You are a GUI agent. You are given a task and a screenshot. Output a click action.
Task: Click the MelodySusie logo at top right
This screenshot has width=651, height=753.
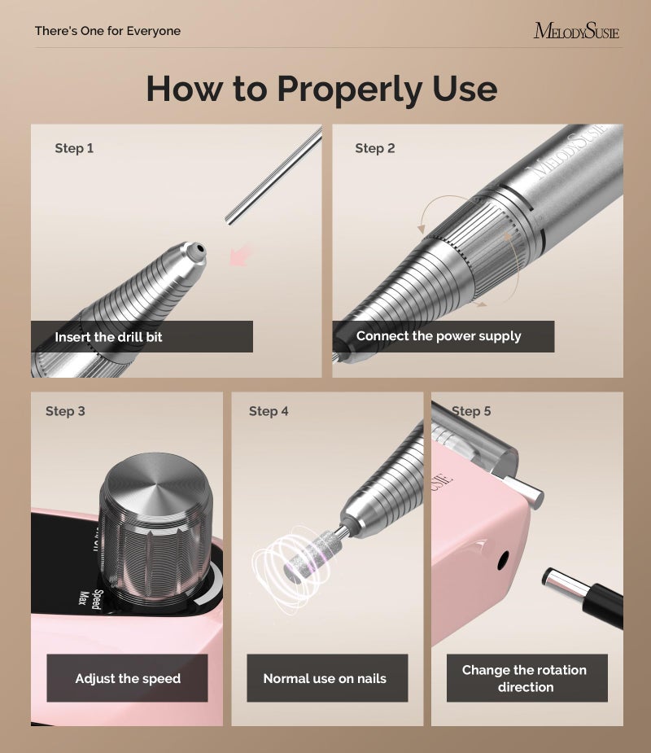pos(576,31)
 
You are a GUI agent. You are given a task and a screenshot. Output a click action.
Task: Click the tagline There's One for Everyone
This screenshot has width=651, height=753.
pos(107,31)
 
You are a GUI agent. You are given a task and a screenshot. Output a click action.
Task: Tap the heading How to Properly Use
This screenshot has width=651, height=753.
pos(321,88)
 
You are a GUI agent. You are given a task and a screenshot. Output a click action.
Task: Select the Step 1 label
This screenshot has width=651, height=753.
pos(74,148)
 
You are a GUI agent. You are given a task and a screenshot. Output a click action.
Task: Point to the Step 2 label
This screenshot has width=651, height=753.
pos(374,148)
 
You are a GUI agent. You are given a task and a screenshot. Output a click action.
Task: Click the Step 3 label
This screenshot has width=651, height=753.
pos(65,411)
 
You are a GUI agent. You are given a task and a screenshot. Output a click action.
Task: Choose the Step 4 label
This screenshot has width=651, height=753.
pos(269,411)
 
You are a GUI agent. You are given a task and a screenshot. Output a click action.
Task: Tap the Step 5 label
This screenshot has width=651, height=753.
pos(471,411)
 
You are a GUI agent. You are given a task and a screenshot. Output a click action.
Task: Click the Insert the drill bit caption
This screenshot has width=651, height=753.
pos(108,336)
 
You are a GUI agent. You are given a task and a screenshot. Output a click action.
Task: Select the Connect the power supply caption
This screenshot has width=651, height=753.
pos(439,335)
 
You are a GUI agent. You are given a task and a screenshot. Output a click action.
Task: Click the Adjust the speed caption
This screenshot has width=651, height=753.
pos(128,678)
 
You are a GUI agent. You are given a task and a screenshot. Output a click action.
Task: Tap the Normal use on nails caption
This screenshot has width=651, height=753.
pos(325,678)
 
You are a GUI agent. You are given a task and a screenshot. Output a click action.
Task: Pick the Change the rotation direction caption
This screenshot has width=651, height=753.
pos(525,678)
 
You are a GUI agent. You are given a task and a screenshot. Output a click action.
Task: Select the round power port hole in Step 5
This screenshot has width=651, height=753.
pos(504,559)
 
